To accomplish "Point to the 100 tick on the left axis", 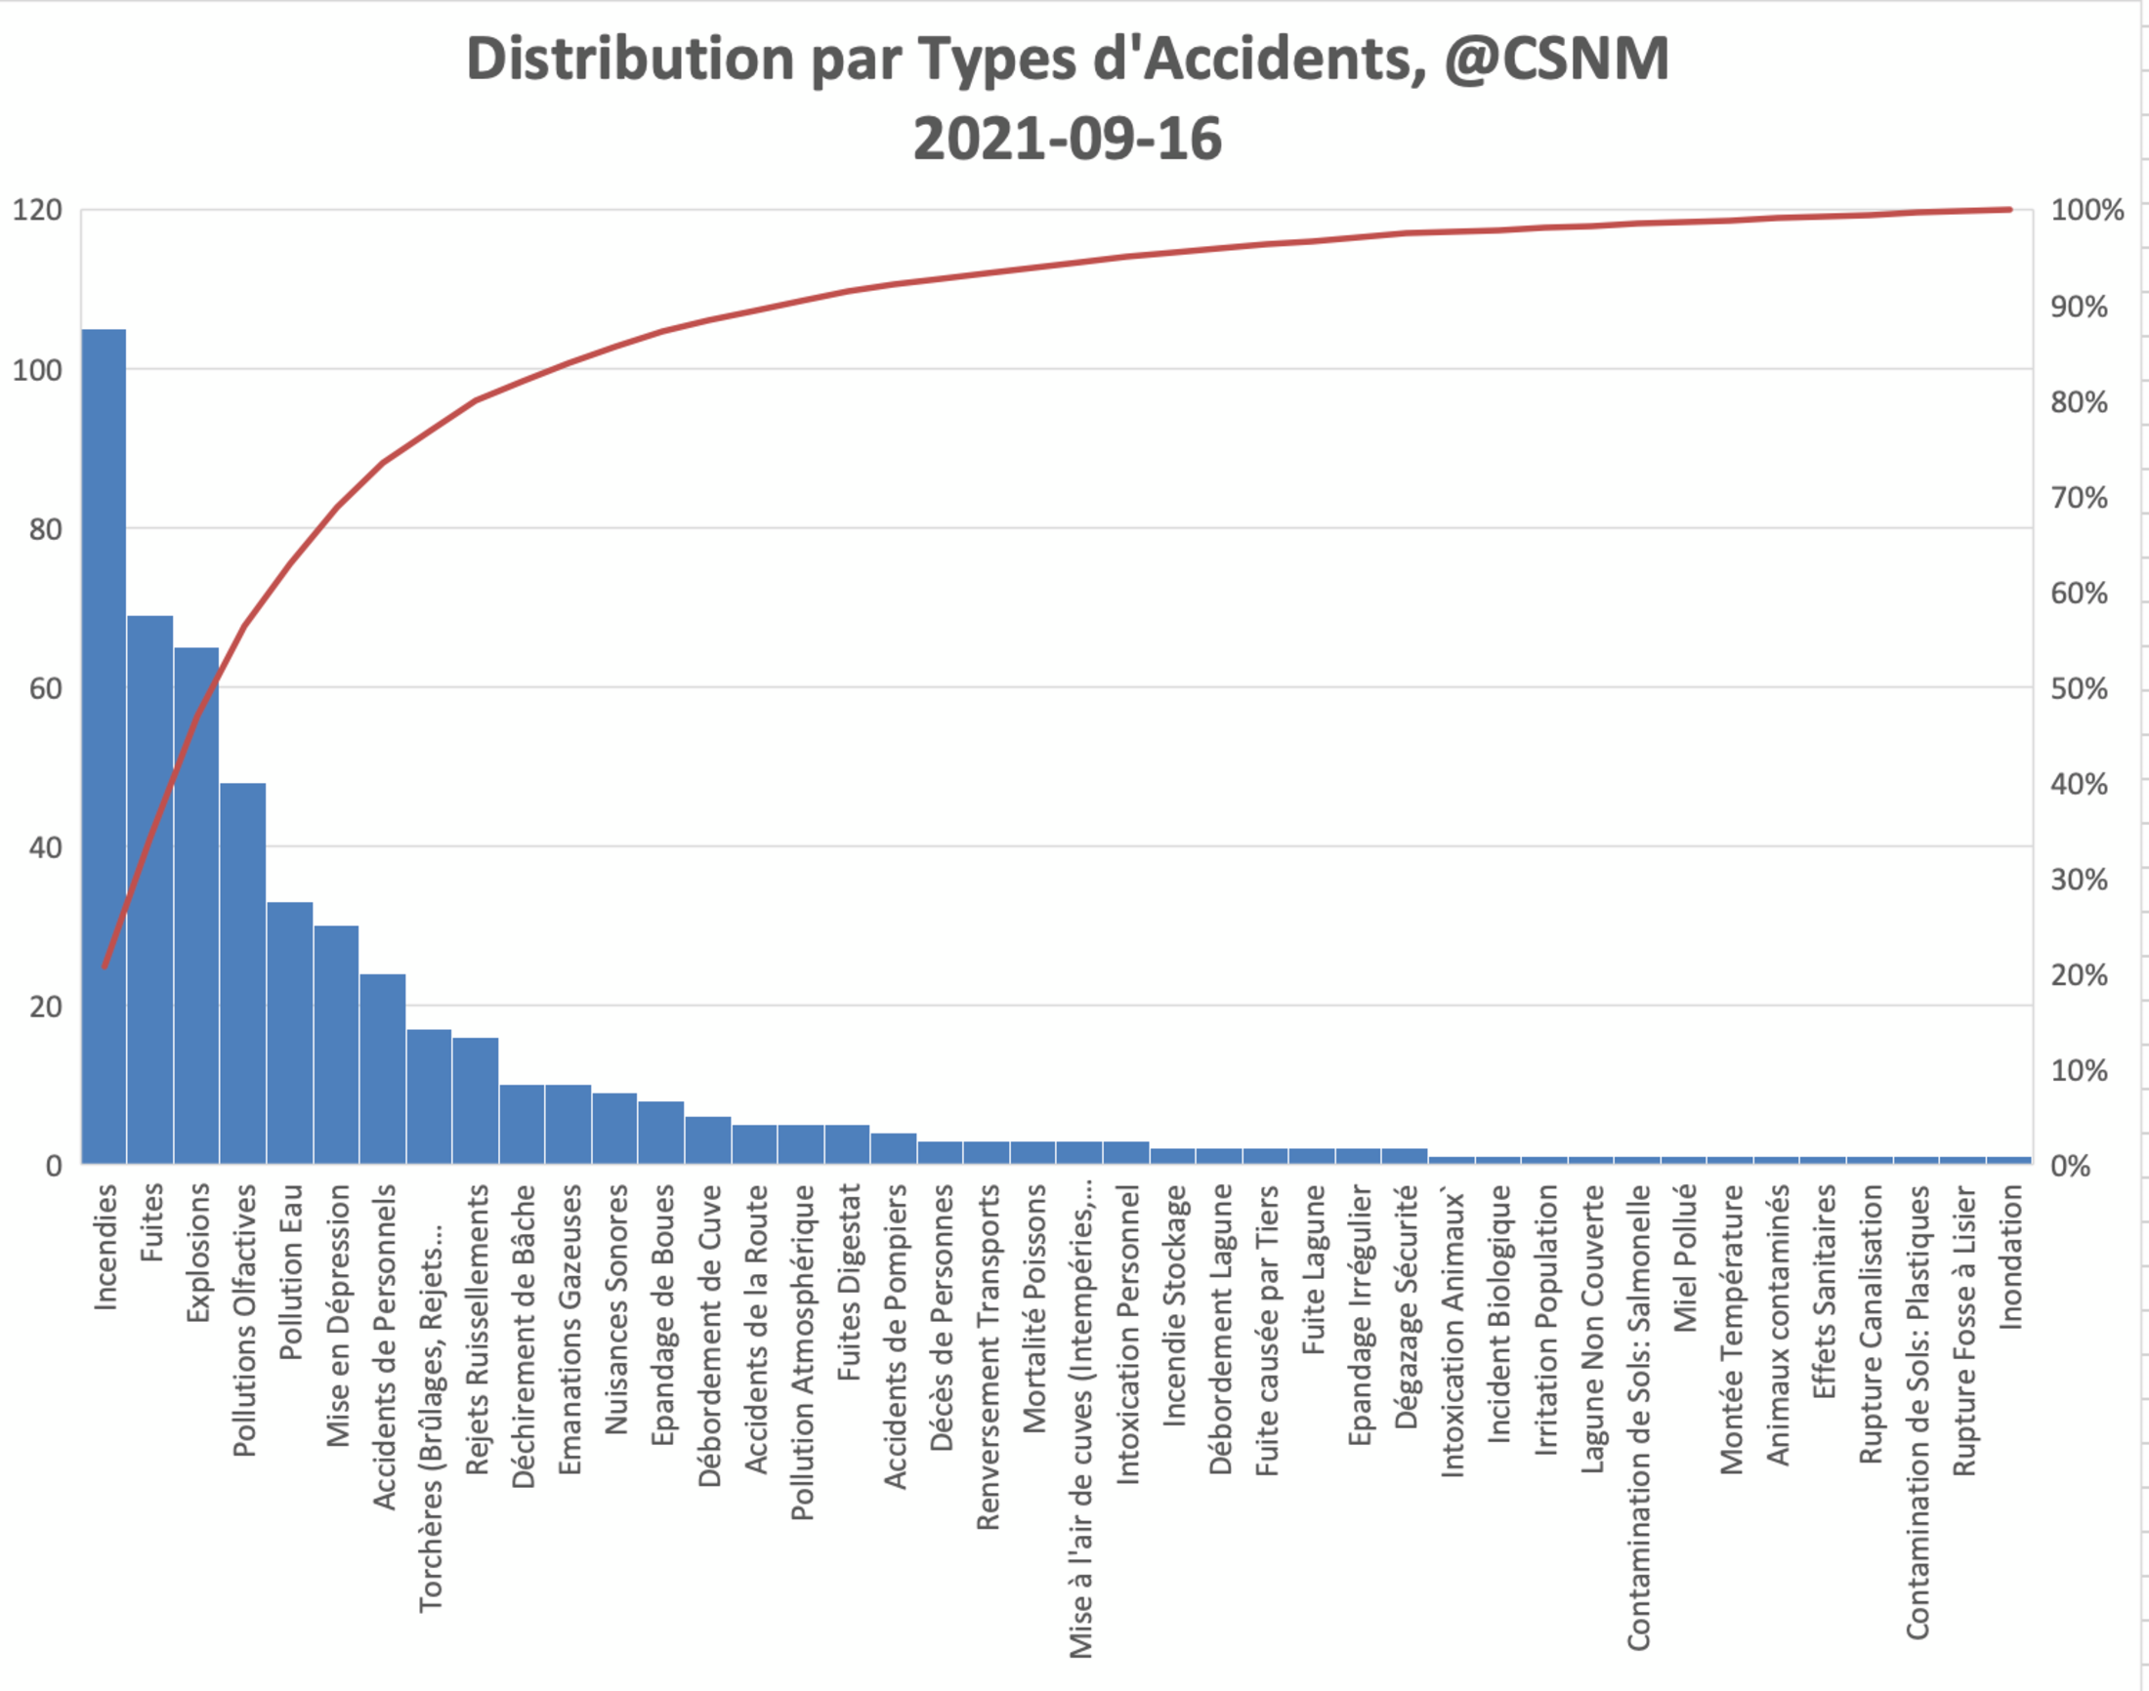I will coord(37,370).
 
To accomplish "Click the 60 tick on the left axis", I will coord(46,688).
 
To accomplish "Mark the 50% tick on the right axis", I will coord(2078,688).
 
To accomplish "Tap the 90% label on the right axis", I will coord(2078,307).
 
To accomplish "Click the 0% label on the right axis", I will coord(2071,1166).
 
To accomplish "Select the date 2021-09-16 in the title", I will coord(1067,139).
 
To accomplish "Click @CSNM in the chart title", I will coord(1556,60).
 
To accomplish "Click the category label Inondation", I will coord(2009,1258).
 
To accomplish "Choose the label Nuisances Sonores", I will coord(616,1309).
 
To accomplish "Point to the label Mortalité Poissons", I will coord(1033,1309).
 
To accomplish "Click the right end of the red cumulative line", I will coord(2009,210).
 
